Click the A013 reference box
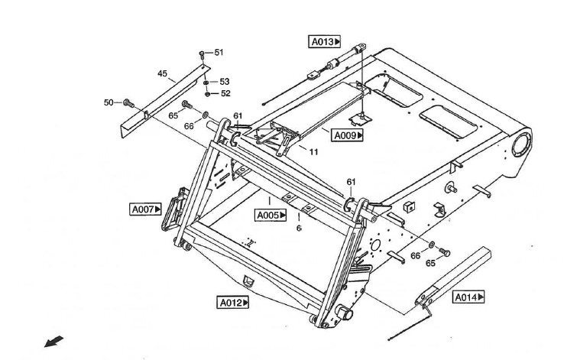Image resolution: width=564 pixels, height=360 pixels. (324, 42)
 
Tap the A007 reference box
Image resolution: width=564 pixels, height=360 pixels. (146, 208)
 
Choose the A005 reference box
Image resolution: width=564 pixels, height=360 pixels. (271, 215)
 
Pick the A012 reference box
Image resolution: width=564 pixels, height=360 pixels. (233, 303)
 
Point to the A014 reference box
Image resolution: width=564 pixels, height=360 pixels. (469, 297)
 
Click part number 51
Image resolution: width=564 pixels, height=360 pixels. (219, 53)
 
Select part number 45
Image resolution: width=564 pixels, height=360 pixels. (162, 73)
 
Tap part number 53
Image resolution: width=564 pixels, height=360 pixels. (224, 81)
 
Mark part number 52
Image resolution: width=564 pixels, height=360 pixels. (225, 93)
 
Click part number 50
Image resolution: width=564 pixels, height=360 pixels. (109, 102)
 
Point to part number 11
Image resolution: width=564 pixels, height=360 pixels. (313, 151)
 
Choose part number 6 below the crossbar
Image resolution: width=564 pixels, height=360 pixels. (299, 228)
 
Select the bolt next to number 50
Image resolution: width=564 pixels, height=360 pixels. (127, 102)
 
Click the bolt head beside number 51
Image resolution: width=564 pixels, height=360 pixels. (202, 54)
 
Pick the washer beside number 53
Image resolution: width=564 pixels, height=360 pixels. (206, 82)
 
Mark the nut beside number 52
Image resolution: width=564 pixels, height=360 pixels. (207, 93)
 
